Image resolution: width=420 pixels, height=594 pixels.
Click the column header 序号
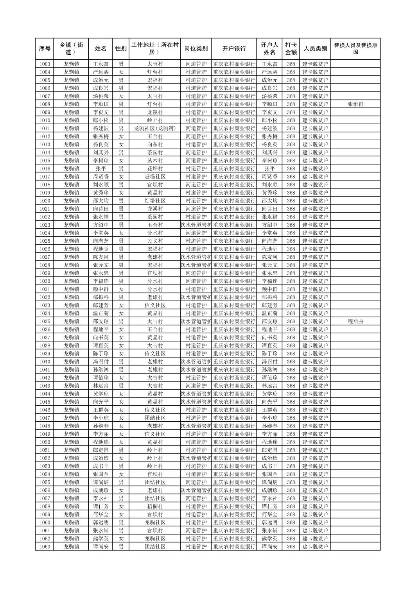pos(45,49)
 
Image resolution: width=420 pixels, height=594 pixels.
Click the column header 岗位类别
pos(196,49)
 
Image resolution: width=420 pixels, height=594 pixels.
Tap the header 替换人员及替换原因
pos(355,49)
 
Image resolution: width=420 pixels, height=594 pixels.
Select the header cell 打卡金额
pos(291,49)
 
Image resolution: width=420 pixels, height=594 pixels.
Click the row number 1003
pos(45,64)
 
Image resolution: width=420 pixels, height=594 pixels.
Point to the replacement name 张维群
pos(355,104)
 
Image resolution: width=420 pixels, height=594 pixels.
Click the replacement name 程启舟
pos(355,322)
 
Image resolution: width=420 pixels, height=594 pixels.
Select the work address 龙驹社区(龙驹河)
pos(155,129)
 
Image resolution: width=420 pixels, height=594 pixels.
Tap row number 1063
pos(45,547)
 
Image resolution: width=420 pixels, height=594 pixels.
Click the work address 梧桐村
pos(155,506)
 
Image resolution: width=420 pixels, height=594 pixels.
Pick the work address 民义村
pos(155,241)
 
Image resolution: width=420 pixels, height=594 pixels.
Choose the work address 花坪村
pos(155,169)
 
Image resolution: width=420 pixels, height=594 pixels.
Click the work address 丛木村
pos(155,161)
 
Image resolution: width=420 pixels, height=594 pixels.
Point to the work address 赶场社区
pos(155,177)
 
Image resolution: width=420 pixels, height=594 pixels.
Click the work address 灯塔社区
pos(155,201)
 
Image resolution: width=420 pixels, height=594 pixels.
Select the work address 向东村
pos(155,145)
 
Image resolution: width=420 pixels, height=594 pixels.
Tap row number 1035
pos(45,322)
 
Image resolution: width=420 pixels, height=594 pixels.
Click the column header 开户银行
pos(234,49)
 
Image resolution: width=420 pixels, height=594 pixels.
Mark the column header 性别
pos(121,49)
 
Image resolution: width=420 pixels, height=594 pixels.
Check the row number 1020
pos(45,201)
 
